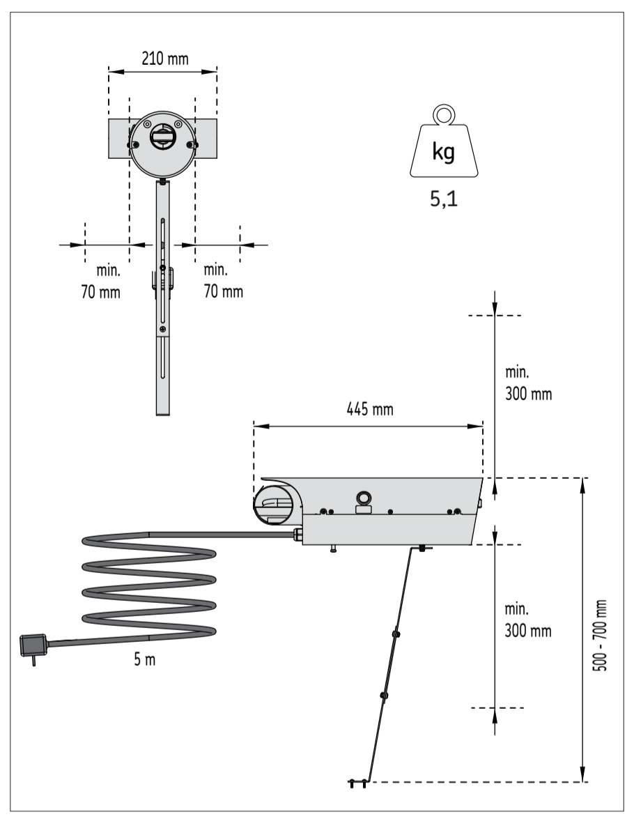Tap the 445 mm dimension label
(370, 409)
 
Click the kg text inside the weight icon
(443, 153)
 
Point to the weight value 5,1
(444, 201)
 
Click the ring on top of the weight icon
(443, 113)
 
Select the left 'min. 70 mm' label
(100, 281)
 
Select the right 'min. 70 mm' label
(224, 281)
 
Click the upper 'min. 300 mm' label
(527, 384)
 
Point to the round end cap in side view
(277, 503)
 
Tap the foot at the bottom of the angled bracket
(359, 783)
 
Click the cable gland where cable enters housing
(297, 535)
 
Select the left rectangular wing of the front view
(119, 138)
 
